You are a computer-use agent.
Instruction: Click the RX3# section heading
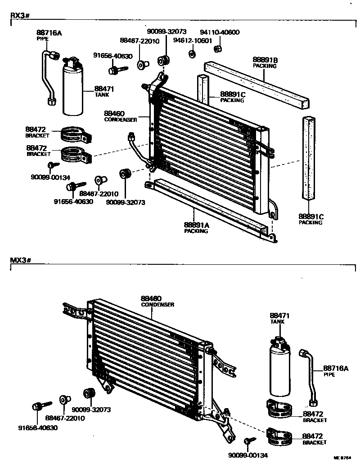coord(19,16)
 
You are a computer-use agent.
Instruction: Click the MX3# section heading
coord(20,261)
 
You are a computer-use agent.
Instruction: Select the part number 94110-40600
coord(220,32)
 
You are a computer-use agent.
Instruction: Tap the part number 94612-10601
coord(194,40)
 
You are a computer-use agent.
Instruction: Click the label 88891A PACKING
coord(196,228)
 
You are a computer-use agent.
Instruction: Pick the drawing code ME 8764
coord(342,457)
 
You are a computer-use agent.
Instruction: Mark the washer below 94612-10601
coord(192,54)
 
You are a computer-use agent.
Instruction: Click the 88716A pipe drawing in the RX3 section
coord(49,76)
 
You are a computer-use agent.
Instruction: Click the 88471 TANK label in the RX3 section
coord(104,92)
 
